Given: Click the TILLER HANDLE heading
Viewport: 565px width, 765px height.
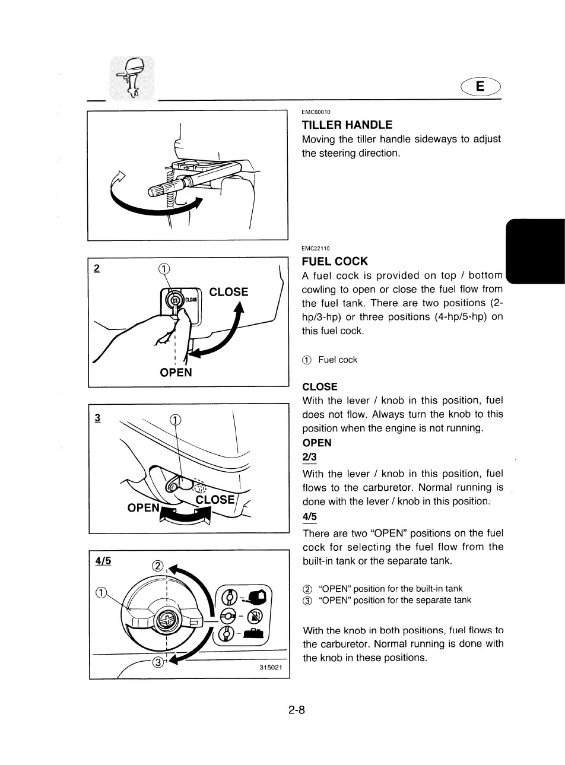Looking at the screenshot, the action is point(347,125).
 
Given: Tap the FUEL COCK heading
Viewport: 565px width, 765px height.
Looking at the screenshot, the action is point(335,261).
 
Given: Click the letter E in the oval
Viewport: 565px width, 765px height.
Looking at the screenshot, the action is point(480,87).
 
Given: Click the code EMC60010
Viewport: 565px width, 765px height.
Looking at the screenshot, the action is point(316,112).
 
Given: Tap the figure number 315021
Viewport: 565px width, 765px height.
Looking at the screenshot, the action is point(271,668).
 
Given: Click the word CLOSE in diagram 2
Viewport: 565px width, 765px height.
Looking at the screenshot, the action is point(228,291).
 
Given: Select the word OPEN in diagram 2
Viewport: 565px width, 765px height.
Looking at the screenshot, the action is point(176,372).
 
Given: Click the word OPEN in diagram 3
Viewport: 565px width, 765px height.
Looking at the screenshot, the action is point(144,508).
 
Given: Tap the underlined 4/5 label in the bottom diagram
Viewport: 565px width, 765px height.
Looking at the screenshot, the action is point(104,560).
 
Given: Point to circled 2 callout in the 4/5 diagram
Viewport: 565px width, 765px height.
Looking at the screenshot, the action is point(158,566).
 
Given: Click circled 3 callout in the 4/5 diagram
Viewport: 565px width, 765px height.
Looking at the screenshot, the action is point(158,662).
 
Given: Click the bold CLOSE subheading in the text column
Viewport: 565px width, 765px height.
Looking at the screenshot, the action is point(320,386).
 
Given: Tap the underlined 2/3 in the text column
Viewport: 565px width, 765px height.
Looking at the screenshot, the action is point(310,458).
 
